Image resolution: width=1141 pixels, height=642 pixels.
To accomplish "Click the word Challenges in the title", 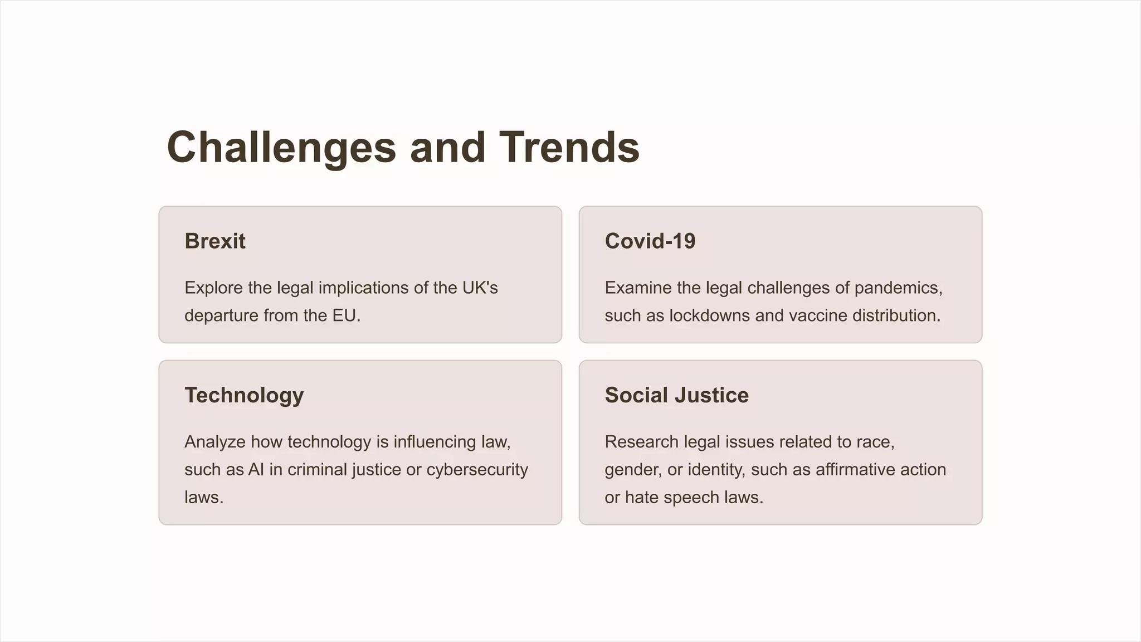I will coord(281,147).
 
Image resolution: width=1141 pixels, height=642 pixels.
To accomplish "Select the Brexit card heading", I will coord(215,241).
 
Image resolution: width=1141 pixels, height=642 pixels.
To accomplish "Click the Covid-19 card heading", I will coord(650,241).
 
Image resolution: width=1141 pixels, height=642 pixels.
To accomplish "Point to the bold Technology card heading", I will coord(244,395).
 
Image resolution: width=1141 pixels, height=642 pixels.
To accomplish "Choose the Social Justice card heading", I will coord(677,395).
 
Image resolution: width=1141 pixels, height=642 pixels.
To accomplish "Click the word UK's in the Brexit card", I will coord(480,288).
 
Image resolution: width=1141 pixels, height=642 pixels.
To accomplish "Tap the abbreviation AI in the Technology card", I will coord(256,469).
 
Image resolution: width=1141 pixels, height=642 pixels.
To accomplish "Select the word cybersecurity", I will coord(477,469).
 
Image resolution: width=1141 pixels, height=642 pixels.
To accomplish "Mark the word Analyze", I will coord(215,441).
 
